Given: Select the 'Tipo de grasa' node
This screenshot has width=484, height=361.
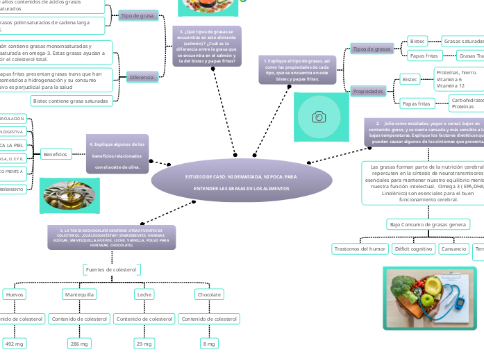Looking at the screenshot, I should [x=137, y=15].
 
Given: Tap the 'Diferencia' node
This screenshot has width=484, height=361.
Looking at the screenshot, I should [x=142, y=77].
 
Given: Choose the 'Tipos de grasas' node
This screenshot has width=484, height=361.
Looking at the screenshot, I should [x=372, y=49].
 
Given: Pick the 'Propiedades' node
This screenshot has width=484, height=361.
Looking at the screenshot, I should [x=368, y=92].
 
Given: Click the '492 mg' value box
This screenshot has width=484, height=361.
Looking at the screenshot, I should [x=15, y=344].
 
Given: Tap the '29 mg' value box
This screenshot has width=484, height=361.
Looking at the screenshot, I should [x=144, y=344].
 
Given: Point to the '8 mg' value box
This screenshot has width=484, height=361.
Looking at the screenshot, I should [x=208, y=344].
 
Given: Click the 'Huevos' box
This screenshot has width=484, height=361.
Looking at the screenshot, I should [x=15, y=295].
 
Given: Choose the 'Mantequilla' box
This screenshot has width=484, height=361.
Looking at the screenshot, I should [x=80, y=295].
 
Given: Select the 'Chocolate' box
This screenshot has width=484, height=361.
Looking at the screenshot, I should [x=209, y=295].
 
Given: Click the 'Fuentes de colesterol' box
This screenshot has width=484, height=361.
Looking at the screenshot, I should [x=111, y=269].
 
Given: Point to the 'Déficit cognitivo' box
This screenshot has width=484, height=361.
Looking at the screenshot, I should [x=413, y=249].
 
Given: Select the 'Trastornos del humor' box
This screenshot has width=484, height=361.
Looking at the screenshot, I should [x=359, y=249].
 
